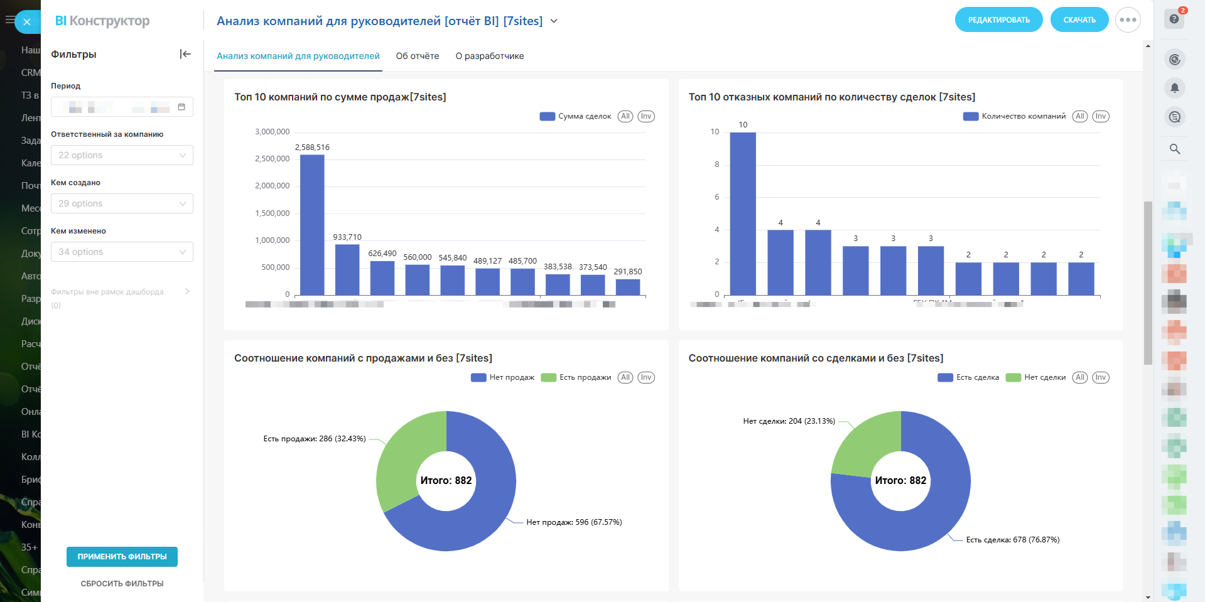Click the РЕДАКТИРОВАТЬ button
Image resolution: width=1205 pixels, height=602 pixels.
coord(998,20)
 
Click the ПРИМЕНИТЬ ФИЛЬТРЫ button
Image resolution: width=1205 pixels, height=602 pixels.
coord(122,557)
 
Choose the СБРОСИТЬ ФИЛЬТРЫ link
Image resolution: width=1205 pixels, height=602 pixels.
coord(122,584)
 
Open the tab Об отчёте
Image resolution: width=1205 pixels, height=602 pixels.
coord(417,56)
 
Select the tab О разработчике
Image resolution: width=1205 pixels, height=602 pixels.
coord(489,56)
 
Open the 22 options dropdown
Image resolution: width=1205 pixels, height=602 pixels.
coord(122,155)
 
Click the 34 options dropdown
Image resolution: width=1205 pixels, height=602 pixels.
coord(122,252)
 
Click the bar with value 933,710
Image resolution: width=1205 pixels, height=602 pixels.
coord(347,269)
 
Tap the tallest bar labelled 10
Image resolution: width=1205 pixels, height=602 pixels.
coord(743,213)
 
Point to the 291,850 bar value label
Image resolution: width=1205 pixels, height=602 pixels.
coord(627,272)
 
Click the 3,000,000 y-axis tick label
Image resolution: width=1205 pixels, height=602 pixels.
coord(272,132)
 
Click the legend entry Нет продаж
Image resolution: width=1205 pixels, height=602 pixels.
coord(504,377)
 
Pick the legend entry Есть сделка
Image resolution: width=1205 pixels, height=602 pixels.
coord(970,377)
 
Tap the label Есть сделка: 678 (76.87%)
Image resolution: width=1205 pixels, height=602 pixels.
coord(1012,540)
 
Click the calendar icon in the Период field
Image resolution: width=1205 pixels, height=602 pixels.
coord(181,107)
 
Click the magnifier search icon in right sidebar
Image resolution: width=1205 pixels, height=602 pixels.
coord(1175,149)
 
